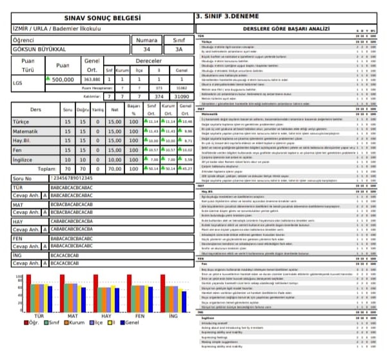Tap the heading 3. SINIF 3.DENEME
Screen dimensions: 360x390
231,16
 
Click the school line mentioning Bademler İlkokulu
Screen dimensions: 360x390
56,29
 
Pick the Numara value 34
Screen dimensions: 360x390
148,49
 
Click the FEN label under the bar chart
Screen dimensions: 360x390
139,316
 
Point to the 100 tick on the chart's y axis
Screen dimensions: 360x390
19,294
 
